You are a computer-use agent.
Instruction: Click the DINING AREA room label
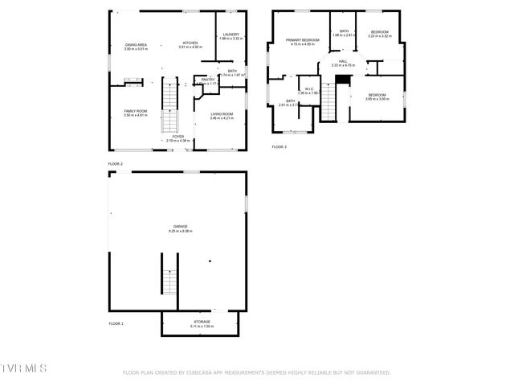pos(135,44)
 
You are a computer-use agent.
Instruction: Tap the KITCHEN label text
pos(190,43)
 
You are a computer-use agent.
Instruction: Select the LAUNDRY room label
pos(231,35)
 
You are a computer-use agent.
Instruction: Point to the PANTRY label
pos(207,80)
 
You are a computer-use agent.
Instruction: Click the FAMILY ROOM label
pos(135,111)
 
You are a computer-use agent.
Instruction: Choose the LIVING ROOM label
pos(222,114)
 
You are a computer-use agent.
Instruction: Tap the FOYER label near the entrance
pos(177,137)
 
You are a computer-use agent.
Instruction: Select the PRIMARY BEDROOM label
pos(303,39)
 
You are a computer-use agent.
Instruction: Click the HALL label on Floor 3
pos(342,61)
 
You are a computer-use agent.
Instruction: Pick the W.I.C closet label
pos(309,88)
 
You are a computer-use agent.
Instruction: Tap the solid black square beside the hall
pos(343,79)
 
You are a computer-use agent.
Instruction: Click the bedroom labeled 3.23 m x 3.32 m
pos(379,31)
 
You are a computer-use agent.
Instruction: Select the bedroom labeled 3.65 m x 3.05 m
pos(377,95)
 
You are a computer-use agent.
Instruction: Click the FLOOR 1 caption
pos(116,323)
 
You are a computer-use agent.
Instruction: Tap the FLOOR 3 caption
pos(279,146)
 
